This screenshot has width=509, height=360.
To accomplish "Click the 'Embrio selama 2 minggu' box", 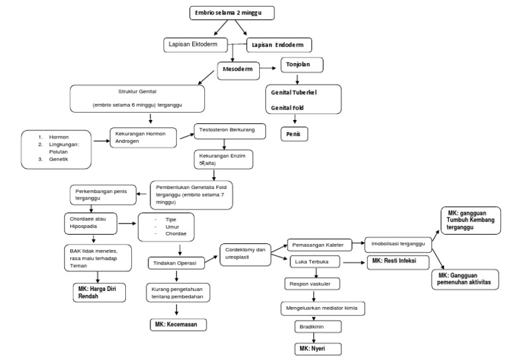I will click(231, 13).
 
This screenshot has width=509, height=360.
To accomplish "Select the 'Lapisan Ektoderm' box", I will click(196, 44).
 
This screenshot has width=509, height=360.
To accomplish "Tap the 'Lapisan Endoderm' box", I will click(279, 45).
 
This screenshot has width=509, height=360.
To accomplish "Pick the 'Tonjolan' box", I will click(302, 66).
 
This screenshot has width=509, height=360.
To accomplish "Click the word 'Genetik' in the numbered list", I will click(59, 159).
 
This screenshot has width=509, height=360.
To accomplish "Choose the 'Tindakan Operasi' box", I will click(176, 263).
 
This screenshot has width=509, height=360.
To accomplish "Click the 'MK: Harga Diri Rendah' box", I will click(99, 292).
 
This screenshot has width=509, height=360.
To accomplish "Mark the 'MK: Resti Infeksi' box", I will click(394, 262).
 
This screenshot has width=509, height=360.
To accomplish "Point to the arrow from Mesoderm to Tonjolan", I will click(268, 67).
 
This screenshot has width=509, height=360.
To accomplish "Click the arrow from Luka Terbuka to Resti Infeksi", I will click(353, 263).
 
